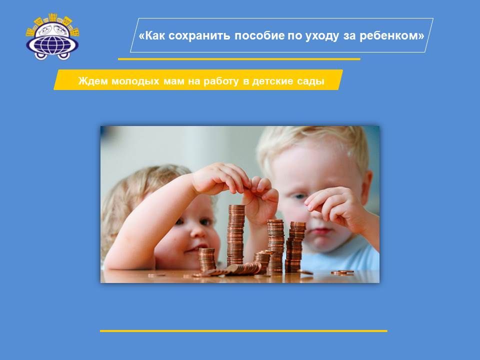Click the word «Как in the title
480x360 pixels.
[152, 35]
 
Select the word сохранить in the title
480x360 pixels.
[199, 36]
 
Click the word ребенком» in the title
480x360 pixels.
[392, 36]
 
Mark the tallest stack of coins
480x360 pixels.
[236, 235]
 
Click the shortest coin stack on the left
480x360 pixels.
[206, 259]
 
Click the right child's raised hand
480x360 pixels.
[333, 206]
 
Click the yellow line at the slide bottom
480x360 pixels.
[243, 331]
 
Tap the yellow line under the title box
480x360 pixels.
[239, 59]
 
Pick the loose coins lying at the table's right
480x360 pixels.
[342, 272]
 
